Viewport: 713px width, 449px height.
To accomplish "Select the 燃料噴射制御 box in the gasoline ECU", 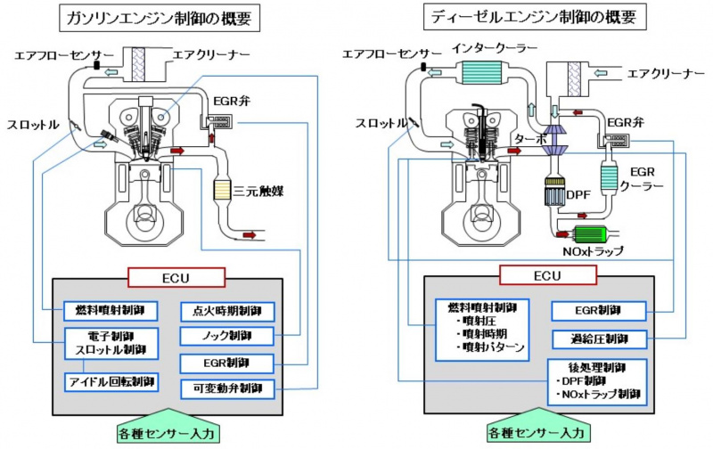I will tap(111, 311).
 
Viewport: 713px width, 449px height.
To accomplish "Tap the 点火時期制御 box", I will tap(227, 311).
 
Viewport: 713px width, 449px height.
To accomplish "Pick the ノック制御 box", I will tap(227, 337).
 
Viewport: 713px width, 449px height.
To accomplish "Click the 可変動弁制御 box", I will tap(227, 388).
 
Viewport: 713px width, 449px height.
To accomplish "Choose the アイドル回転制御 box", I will tap(111, 381).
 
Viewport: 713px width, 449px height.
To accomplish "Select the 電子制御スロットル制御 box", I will tap(111, 345).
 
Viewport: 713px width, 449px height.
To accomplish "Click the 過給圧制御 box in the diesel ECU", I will tap(598, 339).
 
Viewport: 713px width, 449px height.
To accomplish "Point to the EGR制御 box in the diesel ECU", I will tap(598, 311).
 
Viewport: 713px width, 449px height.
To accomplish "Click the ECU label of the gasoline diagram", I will tap(169, 277).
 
